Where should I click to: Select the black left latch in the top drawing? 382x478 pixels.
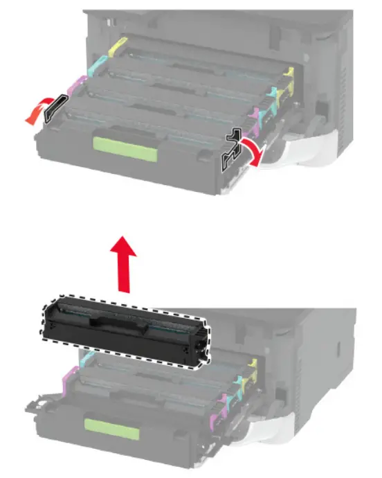point(55,109)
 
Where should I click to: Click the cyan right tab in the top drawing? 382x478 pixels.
point(273,94)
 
